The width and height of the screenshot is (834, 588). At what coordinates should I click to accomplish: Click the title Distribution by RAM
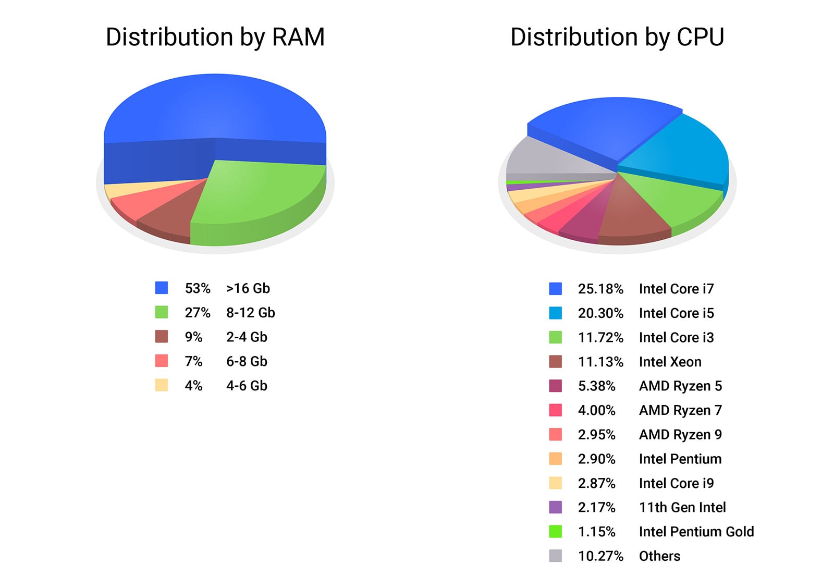[215, 38]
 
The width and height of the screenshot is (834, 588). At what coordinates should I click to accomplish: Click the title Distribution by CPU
[617, 38]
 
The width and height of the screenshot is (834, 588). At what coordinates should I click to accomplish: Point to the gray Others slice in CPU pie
[547, 159]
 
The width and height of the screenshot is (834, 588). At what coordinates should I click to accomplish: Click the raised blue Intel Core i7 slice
[605, 125]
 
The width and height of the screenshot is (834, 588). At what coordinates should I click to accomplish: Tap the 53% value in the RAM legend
[198, 288]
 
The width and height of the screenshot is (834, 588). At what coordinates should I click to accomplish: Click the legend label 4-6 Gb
[247, 386]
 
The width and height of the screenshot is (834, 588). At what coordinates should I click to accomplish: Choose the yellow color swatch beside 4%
[162, 385]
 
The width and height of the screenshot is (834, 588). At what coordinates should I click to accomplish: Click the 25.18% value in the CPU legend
[600, 289]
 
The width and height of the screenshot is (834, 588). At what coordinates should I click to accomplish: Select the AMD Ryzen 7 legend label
[680, 410]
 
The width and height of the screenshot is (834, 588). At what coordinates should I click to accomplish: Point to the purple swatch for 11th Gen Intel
[556, 507]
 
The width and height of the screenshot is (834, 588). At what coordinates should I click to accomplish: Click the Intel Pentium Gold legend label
[696, 532]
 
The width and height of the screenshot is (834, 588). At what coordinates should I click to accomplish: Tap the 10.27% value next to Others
[600, 556]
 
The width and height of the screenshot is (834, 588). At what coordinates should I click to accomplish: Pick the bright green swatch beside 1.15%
[556, 532]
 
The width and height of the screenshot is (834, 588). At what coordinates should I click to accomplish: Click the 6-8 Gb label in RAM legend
[247, 361]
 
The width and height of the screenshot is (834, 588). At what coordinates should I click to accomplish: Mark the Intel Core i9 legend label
[676, 483]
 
